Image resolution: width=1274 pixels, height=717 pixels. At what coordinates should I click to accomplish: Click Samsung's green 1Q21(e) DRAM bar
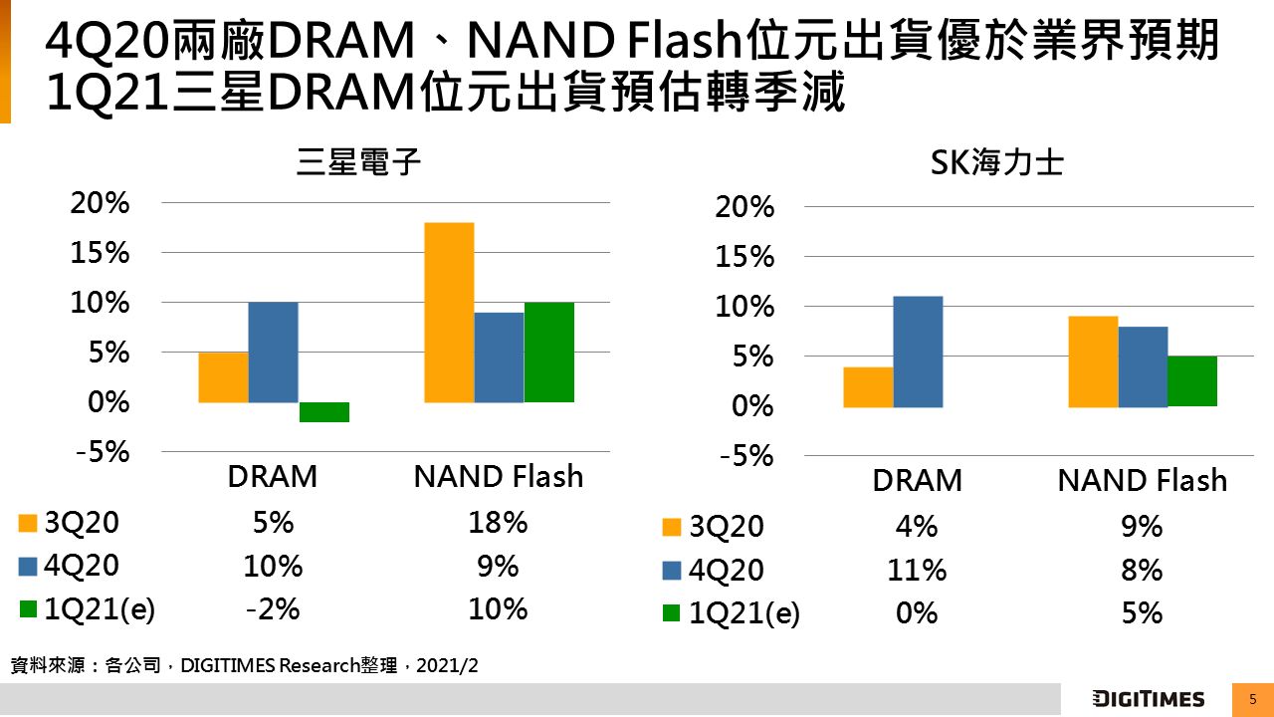tap(323, 412)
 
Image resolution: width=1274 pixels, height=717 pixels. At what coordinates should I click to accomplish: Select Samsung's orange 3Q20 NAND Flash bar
tap(449, 313)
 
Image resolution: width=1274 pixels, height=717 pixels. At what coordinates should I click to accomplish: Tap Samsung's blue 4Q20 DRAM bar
tap(274, 353)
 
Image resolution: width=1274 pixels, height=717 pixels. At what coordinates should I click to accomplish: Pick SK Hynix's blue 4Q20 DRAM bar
tap(918, 352)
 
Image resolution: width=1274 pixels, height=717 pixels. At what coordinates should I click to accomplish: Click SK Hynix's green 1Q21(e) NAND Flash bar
tap(1192, 381)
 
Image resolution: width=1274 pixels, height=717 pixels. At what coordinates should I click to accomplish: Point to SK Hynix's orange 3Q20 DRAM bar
tap(868, 387)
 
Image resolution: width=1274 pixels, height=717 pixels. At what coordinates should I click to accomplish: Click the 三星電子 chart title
tap(359, 163)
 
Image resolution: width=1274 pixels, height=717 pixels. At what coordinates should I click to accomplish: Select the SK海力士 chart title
tap(996, 163)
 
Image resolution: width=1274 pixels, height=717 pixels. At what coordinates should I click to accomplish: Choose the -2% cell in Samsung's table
tap(273, 608)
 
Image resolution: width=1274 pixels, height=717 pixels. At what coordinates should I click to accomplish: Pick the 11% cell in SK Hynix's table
tap(917, 571)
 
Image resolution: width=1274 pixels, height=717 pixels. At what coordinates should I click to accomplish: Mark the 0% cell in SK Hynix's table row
tap(917, 613)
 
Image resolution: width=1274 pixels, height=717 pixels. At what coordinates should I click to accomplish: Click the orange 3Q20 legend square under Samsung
tap(27, 524)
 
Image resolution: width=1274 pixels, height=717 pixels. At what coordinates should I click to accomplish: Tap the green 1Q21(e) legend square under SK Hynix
tap(672, 613)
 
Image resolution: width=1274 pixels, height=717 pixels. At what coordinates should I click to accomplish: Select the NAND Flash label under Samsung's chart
tap(498, 477)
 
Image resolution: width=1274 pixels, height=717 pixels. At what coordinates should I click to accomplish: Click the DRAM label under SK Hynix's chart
tap(917, 481)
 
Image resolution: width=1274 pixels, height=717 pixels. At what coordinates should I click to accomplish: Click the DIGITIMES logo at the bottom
tap(1149, 699)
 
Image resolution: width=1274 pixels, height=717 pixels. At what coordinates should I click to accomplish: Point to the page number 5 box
tap(1253, 699)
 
